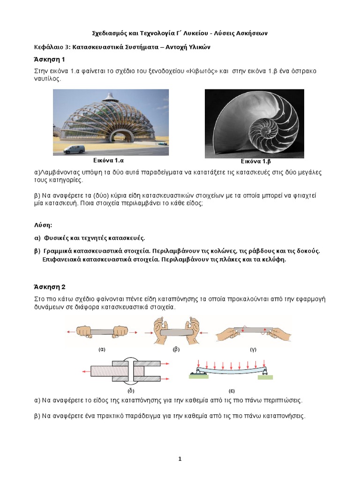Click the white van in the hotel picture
pyautogui.click(x=74, y=149)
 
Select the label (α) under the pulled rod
pyautogui.click(x=101, y=349)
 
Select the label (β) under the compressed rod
pyautogui.click(x=176, y=349)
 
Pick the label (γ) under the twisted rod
pyautogui.click(x=253, y=349)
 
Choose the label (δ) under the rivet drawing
pyautogui.click(x=131, y=390)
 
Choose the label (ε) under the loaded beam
pyautogui.click(x=232, y=390)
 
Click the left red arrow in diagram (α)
pyautogui.click(x=71, y=332)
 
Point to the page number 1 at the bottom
pyautogui.click(x=180, y=459)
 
